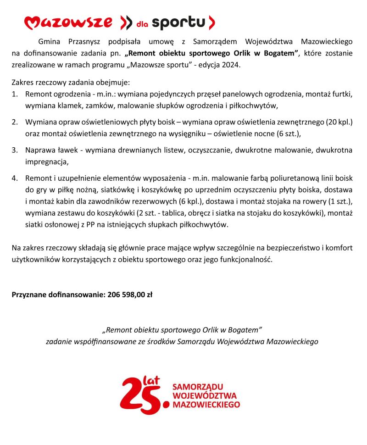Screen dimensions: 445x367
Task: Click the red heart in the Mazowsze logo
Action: click(x=30, y=22)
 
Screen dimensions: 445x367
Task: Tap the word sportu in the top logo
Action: click(x=178, y=22)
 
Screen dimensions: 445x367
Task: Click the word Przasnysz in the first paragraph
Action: click(x=80, y=41)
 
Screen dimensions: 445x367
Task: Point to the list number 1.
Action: click(x=15, y=95)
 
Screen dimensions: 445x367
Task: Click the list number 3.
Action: click(x=15, y=150)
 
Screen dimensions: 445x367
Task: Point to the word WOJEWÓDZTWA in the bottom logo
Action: click(x=205, y=396)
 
